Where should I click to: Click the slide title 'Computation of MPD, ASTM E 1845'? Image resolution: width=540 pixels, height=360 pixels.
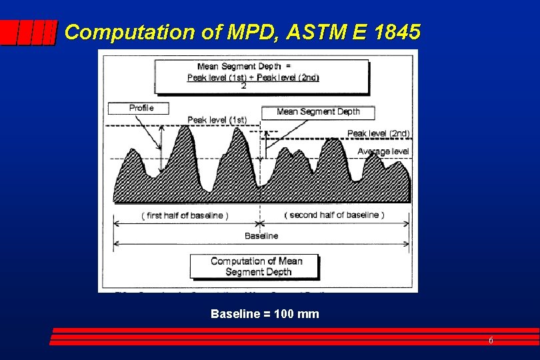[x=243, y=32]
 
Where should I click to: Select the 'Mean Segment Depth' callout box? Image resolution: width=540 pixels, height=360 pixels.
[x=318, y=112]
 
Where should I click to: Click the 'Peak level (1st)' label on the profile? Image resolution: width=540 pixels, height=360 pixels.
[x=217, y=120]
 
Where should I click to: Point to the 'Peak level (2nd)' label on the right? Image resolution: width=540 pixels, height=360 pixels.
[x=378, y=133]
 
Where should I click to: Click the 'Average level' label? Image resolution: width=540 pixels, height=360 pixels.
[x=383, y=152]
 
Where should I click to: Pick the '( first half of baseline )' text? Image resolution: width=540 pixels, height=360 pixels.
[x=185, y=215]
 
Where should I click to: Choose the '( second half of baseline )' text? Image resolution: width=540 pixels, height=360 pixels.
[x=334, y=215]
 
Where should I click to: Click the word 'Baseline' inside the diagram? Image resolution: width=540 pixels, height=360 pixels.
[x=261, y=236]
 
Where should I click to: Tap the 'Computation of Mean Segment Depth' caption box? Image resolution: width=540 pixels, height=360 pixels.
[x=256, y=267]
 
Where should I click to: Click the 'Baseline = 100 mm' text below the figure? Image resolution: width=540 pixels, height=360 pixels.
[x=265, y=313]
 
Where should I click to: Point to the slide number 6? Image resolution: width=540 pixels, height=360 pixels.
[x=491, y=341]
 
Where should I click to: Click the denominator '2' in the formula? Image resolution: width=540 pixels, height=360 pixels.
[x=243, y=86]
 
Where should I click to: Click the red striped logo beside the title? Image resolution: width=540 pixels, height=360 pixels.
[x=28, y=32]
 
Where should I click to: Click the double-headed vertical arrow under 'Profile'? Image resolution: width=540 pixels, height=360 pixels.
[x=160, y=136]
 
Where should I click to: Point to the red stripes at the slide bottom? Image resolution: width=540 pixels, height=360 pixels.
[x=293, y=337]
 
